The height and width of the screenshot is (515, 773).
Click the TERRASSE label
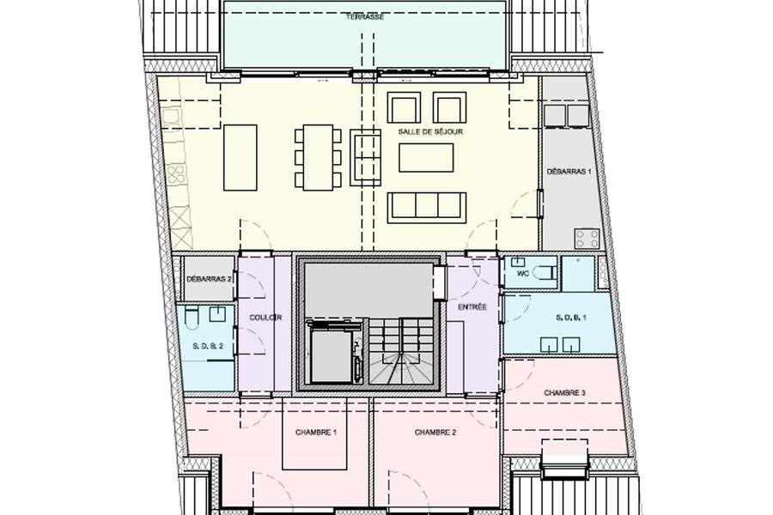[x=364, y=17]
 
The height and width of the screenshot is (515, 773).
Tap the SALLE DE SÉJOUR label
[x=430, y=132]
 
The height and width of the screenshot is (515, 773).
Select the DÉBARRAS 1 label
[x=569, y=172]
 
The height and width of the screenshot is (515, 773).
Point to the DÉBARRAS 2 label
[x=209, y=279]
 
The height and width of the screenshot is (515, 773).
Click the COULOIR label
[x=265, y=318]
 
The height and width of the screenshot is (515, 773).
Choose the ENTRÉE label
[x=472, y=306]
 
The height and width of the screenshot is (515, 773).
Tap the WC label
[x=522, y=274]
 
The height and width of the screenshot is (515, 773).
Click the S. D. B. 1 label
[x=571, y=318]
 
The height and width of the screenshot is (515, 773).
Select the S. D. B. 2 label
[x=208, y=346]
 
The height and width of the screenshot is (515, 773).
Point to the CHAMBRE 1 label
[x=316, y=433]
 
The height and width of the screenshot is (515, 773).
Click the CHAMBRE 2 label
[x=435, y=433]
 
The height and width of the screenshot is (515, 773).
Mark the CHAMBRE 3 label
[x=564, y=393]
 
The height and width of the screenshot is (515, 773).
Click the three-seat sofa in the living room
[x=427, y=208]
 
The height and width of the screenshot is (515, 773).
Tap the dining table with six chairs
[x=319, y=158]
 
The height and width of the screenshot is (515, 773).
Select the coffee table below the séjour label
[x=426, y=158]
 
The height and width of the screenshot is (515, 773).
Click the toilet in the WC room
[x=546, y=273]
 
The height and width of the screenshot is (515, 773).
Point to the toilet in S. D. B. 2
[x=192, y=317]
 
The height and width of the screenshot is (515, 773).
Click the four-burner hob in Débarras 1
[x=587, y=239]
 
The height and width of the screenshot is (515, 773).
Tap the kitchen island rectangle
[x=240, y=158]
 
